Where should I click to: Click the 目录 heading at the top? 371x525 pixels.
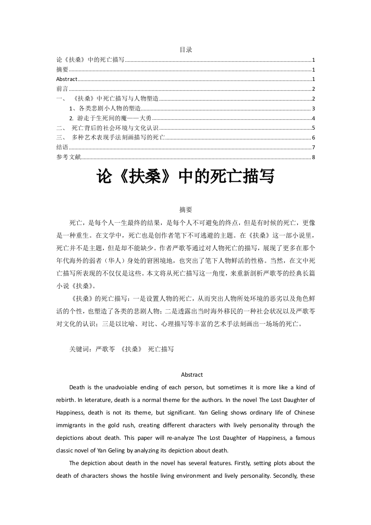(x=186, y=50)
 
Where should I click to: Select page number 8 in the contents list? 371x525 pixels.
(x=313, y=157)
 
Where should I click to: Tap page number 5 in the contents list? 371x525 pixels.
(x=313, y=128)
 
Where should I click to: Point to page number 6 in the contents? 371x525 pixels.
(x=313, y=138)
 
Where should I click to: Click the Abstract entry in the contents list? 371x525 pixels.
(x=66, y=79)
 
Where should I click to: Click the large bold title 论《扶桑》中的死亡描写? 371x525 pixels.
(x=185, y=177)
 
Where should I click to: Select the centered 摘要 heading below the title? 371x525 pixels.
(x=186, y=210)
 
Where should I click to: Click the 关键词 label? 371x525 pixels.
(x=79, y=349)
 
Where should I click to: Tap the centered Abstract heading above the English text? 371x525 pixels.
(x=192, y=375)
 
